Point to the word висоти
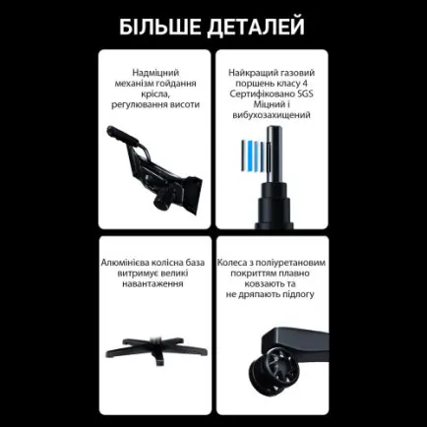coord(186,103)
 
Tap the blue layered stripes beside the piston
coord(253,153)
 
